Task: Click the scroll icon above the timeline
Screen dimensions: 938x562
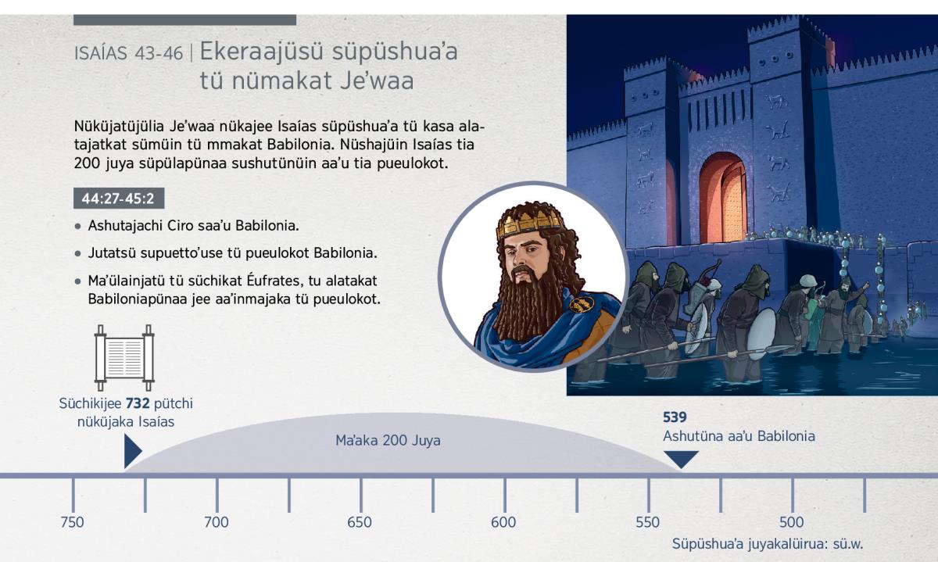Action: [124, 358]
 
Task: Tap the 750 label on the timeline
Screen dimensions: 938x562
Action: [73, 522]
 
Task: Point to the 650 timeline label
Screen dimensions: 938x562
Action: [360, 522]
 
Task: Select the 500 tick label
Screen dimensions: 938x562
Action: [792, 522]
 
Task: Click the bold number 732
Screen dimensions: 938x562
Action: [138, 403]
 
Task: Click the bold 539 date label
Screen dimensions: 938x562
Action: [675, 417]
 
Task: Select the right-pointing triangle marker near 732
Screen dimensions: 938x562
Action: [133, 451]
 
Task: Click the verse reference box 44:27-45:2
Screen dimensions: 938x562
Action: [119, 198]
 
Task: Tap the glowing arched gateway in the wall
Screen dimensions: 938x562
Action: [723, 198]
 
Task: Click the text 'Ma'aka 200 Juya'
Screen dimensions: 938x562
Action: [388, 441]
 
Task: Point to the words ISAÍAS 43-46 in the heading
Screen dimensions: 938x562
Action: [128, 54]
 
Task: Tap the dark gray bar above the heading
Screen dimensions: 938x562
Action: [184, 20]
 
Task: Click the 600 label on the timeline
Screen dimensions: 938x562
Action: [503, 522]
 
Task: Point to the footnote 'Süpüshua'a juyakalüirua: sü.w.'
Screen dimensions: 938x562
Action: [768, 544]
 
